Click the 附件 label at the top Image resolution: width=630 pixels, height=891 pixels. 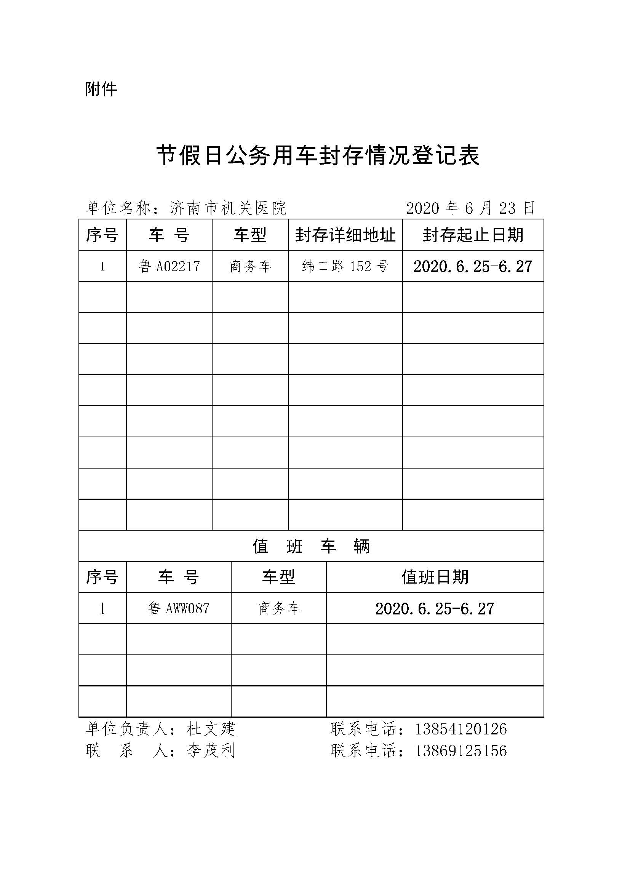tap(101, 90)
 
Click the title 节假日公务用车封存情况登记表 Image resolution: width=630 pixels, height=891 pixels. tap(318, 156)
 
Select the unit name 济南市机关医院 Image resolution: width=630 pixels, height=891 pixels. tap(228, 208)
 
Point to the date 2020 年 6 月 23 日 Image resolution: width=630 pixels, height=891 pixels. tap(470, 208)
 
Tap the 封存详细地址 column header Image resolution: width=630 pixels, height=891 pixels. tap(345, 235)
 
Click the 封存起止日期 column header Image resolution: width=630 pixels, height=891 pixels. tap(473, 235)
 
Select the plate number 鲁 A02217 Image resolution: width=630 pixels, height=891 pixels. tap(169, 267)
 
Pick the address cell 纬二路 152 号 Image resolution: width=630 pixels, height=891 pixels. tap(345, 267)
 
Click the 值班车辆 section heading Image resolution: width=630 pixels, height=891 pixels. tap(311, 546)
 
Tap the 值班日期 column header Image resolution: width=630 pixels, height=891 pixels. tap(435, 577)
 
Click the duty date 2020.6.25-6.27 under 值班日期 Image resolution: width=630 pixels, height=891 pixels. tap(435, 608)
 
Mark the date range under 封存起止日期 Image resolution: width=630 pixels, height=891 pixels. tap(473, 267)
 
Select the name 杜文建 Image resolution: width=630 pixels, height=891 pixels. tap(211, 729)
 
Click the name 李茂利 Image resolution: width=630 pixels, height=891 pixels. tap(211, 750)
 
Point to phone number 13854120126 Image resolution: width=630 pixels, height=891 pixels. tap(461, 729)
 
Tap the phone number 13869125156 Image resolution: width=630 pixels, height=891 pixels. tap(461, 750)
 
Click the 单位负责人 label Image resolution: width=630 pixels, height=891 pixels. tap(126, 729)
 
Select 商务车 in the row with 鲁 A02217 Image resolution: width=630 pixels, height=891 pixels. tap(250, 267)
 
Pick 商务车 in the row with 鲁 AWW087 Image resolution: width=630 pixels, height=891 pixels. tap(279, 608)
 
